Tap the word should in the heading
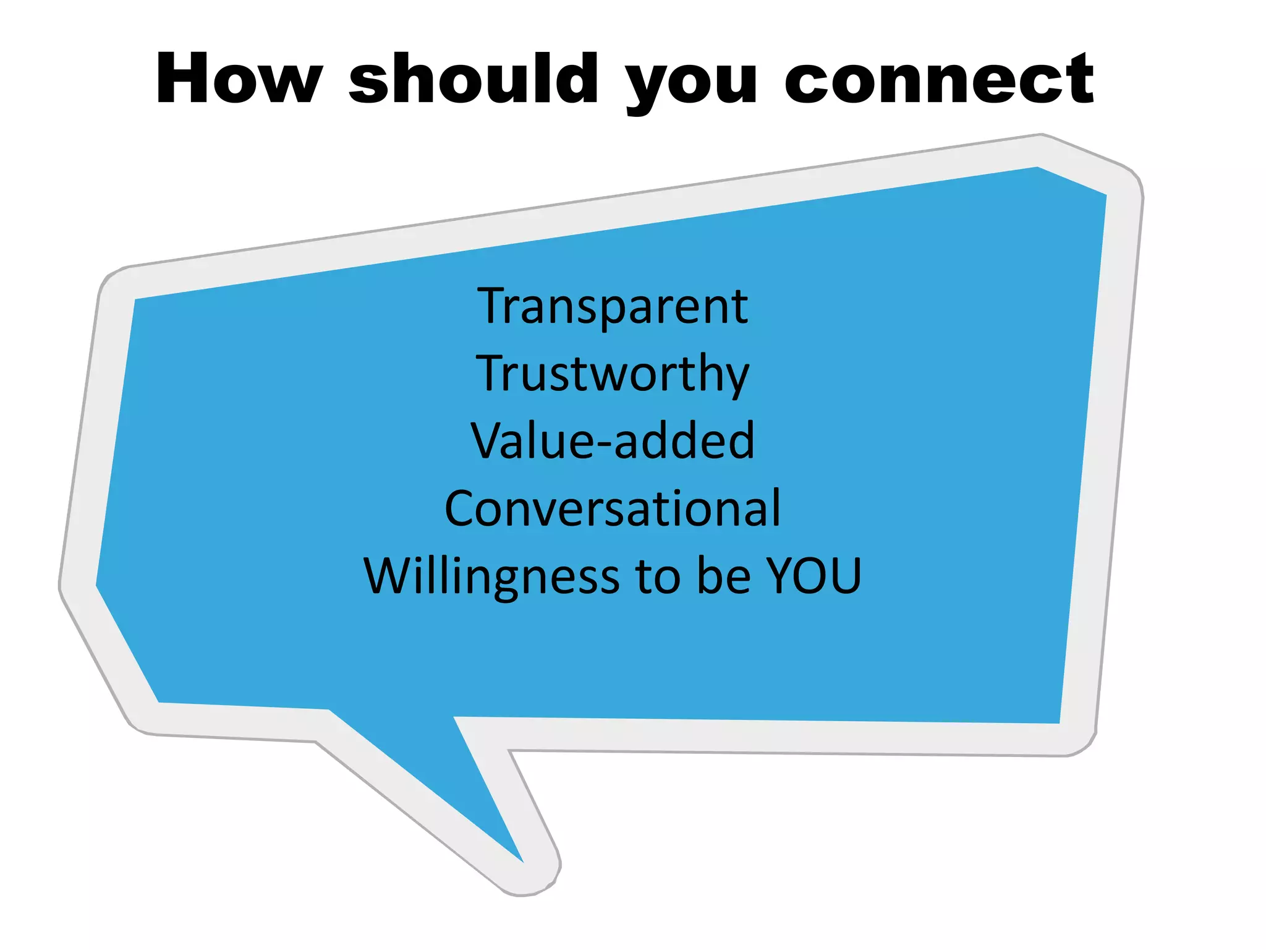tap(474, 79)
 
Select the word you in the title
tap(691, 83)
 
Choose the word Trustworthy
tap(613, 374)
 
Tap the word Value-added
tap(613, 440)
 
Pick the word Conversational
tap(613, 508)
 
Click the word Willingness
tap(491, 576)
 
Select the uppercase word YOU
tap(814, 576)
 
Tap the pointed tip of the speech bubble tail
tap(522, 860)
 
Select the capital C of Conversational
tap(461, 508)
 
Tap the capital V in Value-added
tap(488, 440)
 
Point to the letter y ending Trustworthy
tap(736, 379)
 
